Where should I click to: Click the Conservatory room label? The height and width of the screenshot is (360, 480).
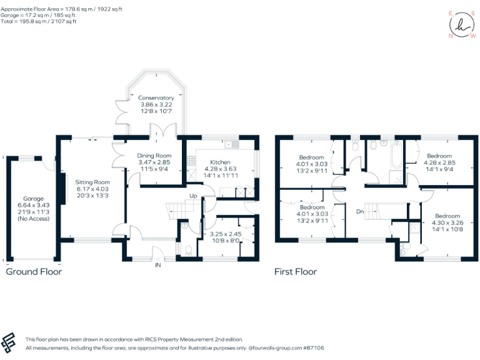coord(156,98)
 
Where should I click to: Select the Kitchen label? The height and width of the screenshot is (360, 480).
coord(221,162)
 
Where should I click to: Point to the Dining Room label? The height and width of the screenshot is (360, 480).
coord(154,156)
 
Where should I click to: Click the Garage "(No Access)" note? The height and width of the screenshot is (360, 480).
coord(30,219)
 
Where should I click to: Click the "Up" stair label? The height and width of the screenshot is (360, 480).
coord(194,196)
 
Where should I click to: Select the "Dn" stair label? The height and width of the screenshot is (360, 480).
coord(360,212)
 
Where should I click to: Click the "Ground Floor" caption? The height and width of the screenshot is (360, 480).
coord(34,272)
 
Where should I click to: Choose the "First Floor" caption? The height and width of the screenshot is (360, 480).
coord(296,272)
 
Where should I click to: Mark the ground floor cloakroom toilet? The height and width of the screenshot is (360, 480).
coord(189,250)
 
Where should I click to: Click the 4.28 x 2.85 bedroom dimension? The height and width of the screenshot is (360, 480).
coord(439,162)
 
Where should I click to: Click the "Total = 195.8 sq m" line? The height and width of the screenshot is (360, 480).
coord(39,21)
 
